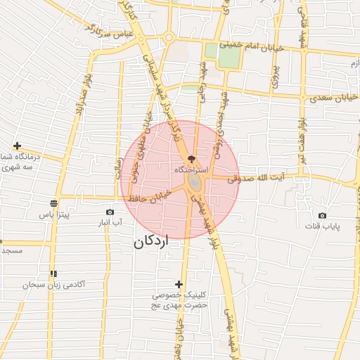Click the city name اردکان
pos(151,243)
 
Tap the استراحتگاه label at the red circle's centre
pos(190,171)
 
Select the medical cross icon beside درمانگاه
pos(17,146)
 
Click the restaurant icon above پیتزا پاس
pos(53,202)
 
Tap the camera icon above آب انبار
pos(110,212)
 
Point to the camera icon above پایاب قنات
pos(322,215)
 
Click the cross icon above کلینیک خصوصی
pos(179,284)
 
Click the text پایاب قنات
pos(323,226)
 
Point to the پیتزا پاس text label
pos(53,214)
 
